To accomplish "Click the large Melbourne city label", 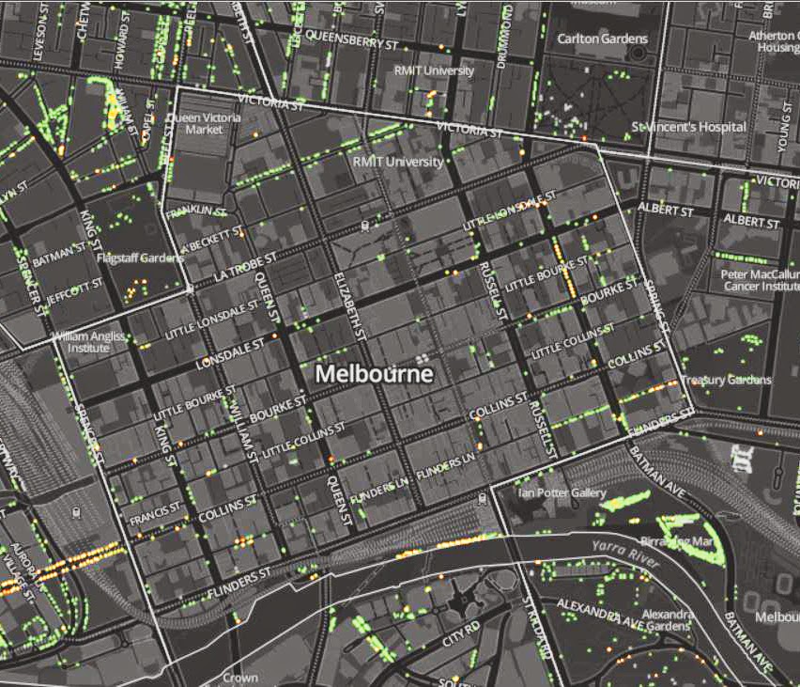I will pos(374,373).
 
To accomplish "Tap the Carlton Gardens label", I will pos(602,39).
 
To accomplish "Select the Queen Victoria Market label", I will pos(203,123).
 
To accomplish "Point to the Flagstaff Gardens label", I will pos(140,257).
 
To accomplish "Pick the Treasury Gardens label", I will pos(726,380).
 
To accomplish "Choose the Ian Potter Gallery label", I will pos(562,492).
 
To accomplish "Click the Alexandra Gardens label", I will pos(667,620).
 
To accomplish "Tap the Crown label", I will pos(240,677).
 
